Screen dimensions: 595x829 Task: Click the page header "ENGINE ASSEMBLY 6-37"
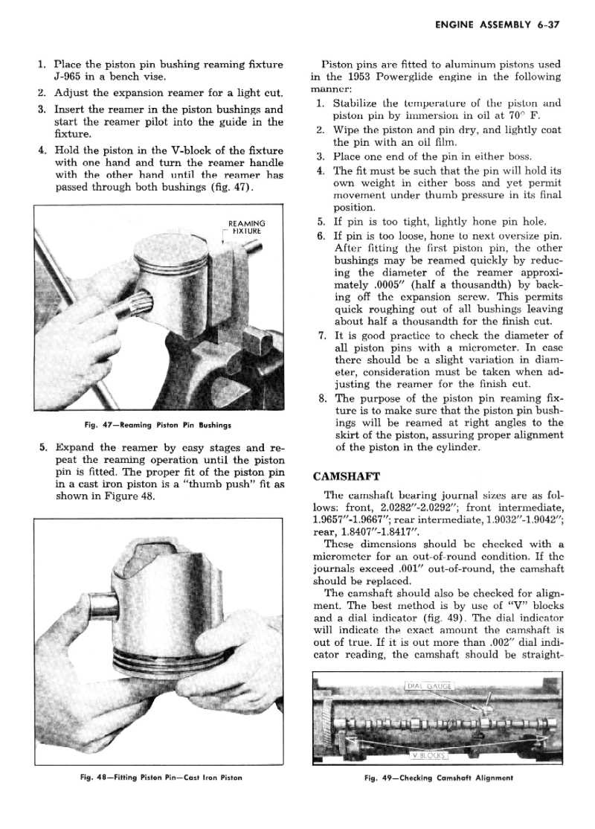(x=498, y=25)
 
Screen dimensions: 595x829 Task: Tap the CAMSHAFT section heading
(x=346, y=476)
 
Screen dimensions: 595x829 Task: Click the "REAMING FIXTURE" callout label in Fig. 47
(x=247, y=227)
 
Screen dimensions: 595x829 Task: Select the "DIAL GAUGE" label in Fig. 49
(x=430, y=686)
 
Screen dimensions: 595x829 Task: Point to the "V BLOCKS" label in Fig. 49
(x=430, y=755)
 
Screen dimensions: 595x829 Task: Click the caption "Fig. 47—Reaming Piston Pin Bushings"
(x=158, y=424)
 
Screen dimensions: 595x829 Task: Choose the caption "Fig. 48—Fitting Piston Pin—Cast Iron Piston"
(x=161, y=777)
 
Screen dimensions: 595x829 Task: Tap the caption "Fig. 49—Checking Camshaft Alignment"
(x=439, y=778)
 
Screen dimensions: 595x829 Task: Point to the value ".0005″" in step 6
(x=389, y=285)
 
